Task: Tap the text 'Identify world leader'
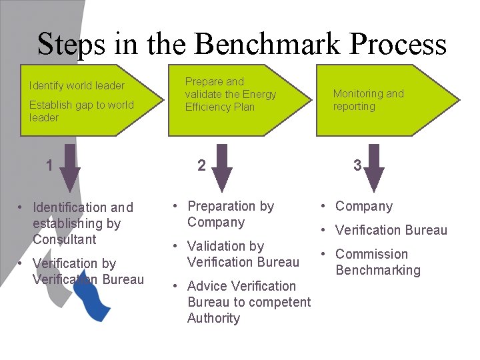[x=77, y=85]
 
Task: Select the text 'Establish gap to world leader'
[x=81, y=111]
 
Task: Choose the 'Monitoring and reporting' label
[x=369, y=100]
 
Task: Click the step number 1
[x=49, y=165]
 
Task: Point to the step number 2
[x=201, y=165]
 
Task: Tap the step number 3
[x=357, y=165]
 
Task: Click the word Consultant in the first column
[x=65, y=239]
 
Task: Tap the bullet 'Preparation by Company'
[x=231, y=214]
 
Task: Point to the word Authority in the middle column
[x=213, y=318]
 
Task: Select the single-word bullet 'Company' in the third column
[x=364, y=206]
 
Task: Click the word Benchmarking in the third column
[x=378, y=270]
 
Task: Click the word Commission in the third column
[x=371, y=254]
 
